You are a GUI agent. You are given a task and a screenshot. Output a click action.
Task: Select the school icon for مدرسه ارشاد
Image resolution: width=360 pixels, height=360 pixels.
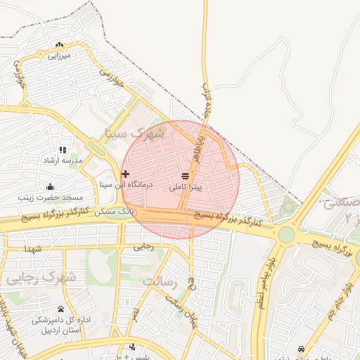63,150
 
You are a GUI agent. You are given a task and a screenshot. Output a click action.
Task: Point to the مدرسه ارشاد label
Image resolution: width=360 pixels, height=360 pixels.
63,161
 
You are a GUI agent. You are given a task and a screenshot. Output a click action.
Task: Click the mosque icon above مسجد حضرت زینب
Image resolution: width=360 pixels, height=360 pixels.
50,186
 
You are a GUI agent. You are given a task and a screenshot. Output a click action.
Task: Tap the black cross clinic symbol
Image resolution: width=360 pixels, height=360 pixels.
125,174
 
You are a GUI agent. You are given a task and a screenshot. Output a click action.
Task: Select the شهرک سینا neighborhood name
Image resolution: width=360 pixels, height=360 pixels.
131,131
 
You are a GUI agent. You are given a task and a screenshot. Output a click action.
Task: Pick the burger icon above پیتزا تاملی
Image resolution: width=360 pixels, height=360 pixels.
185,175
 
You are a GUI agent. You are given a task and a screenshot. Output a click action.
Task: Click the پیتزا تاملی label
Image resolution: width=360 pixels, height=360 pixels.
186,188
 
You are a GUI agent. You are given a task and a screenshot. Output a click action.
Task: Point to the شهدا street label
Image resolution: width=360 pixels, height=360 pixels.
34,249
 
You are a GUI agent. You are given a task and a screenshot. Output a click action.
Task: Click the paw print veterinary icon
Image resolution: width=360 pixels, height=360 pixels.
60,309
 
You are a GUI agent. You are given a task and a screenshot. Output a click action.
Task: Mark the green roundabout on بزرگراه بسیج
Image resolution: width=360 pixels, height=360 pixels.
286,233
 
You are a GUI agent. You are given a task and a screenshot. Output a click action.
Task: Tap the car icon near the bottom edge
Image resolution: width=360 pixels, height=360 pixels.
302,349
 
